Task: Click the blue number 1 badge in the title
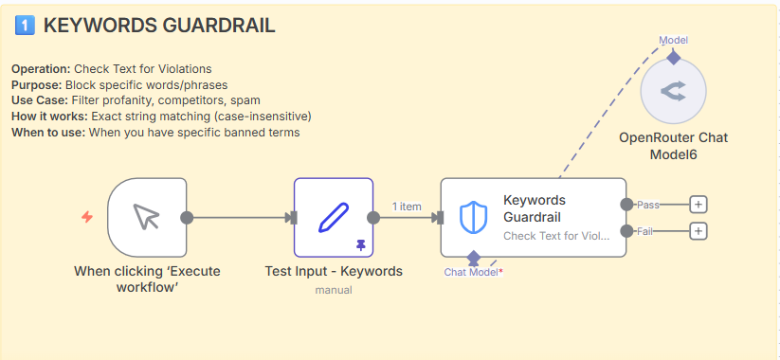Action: (x=25, y=26)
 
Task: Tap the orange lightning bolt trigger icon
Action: (x=87, y=217)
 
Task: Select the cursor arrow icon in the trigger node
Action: (x=147, y=217)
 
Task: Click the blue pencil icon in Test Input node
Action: (x=334, y=217)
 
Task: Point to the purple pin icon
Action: (x=361, y=244)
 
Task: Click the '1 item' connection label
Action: (x=407, y=207)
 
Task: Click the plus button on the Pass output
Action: (x=698, y=205)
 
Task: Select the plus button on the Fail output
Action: (x=698, y=231)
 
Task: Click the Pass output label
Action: (x=648, y=205)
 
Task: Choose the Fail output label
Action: (x=644, y=231)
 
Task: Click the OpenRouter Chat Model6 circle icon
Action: (x=673, y=91)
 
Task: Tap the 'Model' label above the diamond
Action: (x=674, y=41)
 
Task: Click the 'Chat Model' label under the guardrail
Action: (x=472, y=272)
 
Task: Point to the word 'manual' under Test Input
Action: (x=334, y=290)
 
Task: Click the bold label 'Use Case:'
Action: (x=40, y=100)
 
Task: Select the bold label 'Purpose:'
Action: (x=37, y=84)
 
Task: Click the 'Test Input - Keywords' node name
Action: (x=334, y=272)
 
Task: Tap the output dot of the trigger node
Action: (x=187, y=217)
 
